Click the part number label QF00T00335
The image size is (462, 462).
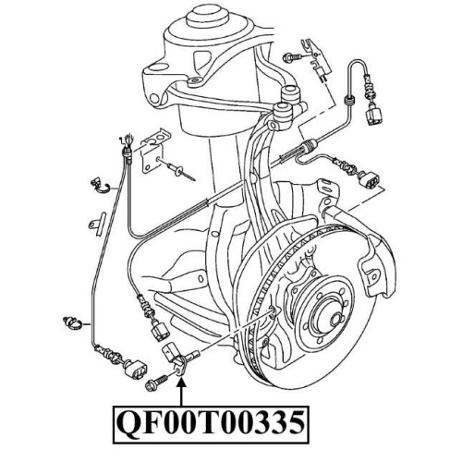[211, 424]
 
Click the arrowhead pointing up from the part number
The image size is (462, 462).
[182, 383]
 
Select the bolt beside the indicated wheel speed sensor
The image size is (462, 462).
[156, 382]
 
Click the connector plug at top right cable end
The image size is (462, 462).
[373, 115]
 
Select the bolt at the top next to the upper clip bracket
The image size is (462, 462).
[293, 56]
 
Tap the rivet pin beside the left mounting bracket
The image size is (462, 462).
[181, 171]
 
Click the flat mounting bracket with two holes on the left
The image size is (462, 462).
[155, 151]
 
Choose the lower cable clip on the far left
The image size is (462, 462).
[73, 324]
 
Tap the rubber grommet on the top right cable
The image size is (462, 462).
[348, 100]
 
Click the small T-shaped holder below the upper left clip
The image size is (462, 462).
[97, 224]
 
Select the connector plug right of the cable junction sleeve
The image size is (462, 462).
[370, 179]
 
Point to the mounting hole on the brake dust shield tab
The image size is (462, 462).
[374, 275]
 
